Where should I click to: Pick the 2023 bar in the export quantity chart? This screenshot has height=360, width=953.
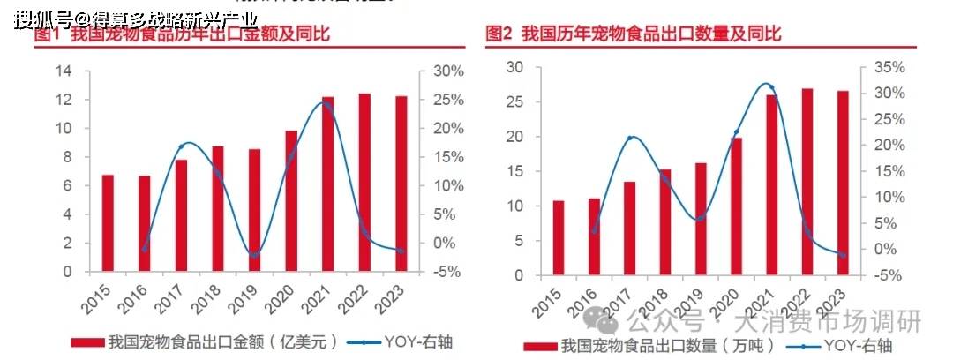click(844, 183)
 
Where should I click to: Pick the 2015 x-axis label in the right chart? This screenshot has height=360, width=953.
click(553, 297)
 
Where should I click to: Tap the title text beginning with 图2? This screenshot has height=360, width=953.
click(633, 34)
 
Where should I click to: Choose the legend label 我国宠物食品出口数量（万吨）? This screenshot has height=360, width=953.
click(666, 346)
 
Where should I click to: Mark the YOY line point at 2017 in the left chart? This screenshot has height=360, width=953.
click(181, 146)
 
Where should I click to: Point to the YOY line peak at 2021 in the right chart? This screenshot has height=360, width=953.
click(771, 86)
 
